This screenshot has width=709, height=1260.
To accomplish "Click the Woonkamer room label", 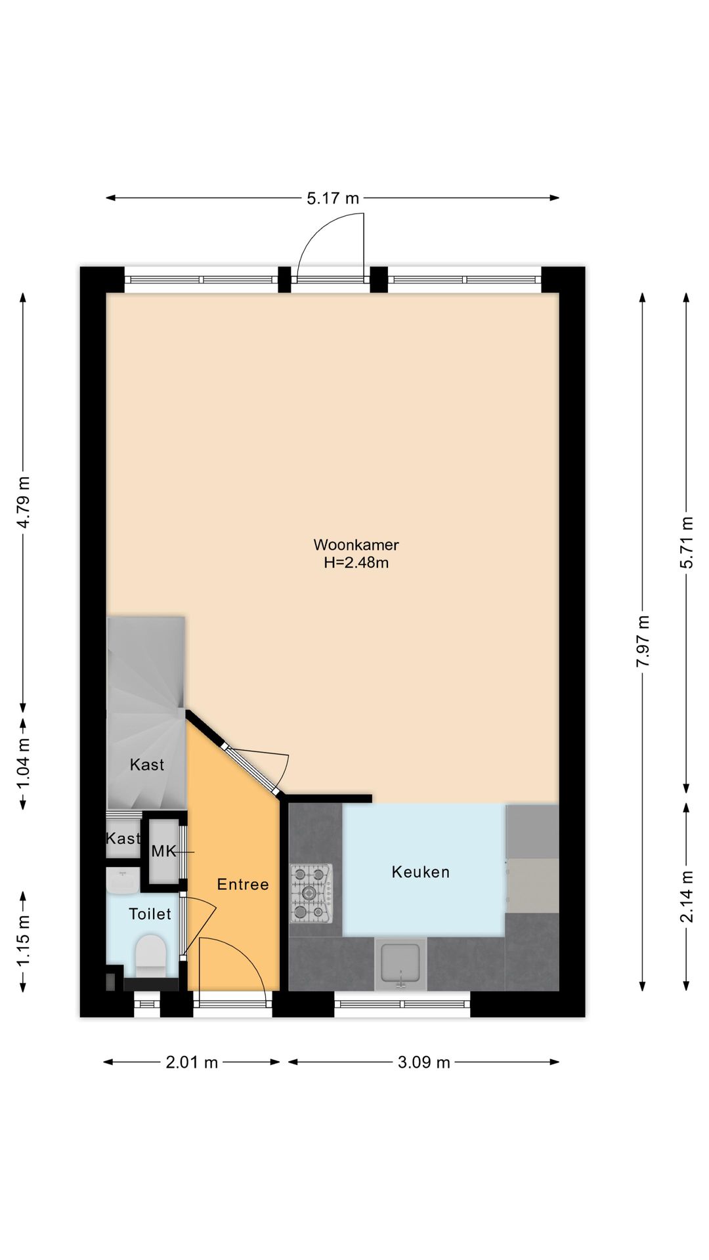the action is coord(356,545).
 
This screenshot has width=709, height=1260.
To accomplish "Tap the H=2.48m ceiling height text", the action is coord(356,562).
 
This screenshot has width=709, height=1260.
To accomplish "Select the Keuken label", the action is coord(421,872).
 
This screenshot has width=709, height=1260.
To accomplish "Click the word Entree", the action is coord(243,885).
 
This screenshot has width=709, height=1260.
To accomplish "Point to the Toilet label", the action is coord(150,914).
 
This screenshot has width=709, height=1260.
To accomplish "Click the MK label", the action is coord(163,851).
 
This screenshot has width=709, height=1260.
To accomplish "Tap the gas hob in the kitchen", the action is coord(311,893).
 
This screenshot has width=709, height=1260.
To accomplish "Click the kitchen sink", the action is coord(400,964).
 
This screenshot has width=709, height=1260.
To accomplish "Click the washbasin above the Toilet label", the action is coord(123,881).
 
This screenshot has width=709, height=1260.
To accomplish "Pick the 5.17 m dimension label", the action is coord(333,198).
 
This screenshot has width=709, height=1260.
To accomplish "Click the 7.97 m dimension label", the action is coord(643,641).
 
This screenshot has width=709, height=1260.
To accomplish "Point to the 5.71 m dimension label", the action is coord(687,543).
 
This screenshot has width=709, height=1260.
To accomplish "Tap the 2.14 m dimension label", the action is coord(687,896).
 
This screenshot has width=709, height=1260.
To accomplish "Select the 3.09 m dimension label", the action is coord(424,1062).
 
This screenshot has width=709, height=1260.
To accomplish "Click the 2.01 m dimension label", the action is coord(192,1062).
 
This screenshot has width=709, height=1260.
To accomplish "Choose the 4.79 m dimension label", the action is coord(24,502).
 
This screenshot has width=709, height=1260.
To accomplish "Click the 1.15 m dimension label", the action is coord(24,940).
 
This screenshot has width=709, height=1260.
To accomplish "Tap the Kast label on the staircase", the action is coord(147,765).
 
